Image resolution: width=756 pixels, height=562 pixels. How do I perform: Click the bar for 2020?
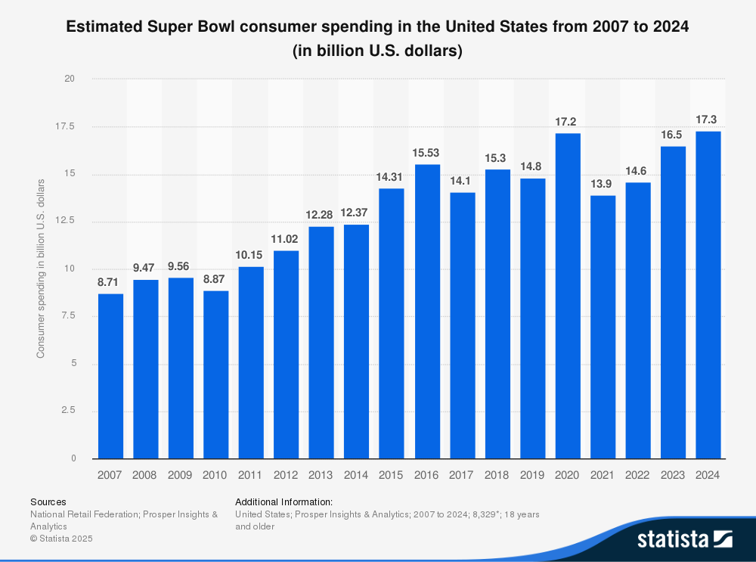coord(568,296)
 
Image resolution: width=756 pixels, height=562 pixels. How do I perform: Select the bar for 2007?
coord(110,376)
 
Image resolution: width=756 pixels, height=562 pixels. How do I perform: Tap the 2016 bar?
coord(426,311)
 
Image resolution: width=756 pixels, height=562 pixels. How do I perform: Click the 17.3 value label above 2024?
coord(708,120)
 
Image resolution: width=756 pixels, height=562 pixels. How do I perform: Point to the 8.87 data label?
coord(215,279)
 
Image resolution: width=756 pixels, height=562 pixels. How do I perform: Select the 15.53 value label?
coord(426,153)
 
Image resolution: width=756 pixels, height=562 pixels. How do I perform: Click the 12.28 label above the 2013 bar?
coord(321,215)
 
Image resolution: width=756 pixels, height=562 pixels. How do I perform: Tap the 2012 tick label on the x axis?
coord(286,475)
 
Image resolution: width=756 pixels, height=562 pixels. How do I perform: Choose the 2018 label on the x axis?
coord(497,475)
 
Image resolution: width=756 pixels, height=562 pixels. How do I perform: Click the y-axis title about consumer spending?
coord(41,269)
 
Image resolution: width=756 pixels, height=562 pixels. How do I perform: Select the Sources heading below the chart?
coord(48,501)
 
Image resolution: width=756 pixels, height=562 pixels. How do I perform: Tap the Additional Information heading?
coord(283,501)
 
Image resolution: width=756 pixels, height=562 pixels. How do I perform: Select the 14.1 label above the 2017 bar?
coord(462,181)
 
